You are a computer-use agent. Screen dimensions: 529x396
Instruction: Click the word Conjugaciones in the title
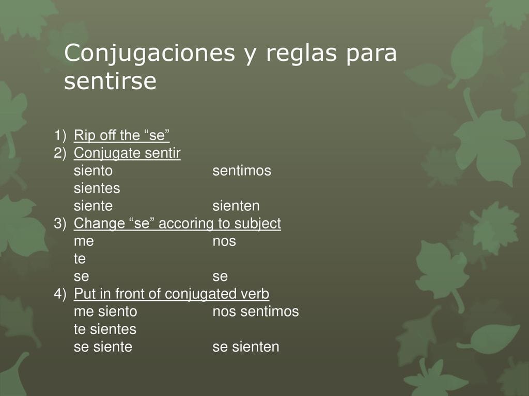click(x=149, y=53)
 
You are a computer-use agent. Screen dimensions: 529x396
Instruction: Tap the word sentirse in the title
click(x=111, y=81)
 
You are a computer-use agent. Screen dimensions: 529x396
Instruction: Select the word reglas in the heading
click(x=302, y=53)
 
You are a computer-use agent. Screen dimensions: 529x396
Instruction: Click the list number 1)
click(x=60, y=136)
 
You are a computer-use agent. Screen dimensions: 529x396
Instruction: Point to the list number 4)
click(x=60, y=294)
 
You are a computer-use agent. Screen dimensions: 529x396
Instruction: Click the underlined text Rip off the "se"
click(x=121, y=136)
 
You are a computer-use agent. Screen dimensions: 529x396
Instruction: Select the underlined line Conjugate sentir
click(x=127, y=153)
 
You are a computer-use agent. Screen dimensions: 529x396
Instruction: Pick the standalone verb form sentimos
click(x=242, y=171)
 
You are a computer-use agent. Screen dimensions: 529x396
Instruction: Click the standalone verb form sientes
click(x=97, y=188)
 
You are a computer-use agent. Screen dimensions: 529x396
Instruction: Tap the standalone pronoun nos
click(x=224, y=242)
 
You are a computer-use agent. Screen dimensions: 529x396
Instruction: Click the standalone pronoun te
click(x=80, y=259)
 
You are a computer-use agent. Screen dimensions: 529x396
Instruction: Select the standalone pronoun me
click(x=84, y=242)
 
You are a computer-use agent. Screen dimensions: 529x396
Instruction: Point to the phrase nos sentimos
click(x=256, y=311)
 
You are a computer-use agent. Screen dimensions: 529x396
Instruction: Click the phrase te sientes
click(x=105, y=329)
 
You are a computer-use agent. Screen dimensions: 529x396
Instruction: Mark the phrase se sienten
click(x=246, y=347)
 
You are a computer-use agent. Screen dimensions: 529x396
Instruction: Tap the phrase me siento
click(x=105, y=311)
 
